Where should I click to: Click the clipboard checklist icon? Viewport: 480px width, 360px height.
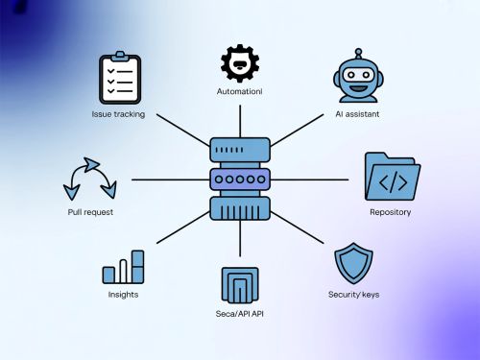coord(120,80)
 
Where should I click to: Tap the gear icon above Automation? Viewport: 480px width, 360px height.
coord(239,63)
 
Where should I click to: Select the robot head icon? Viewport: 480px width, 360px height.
coord(358,77)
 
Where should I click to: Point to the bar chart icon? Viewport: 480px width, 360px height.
coord(123,268)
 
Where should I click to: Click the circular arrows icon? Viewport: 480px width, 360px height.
coord(89,180)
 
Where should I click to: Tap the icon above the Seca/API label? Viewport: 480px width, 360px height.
coord(239,285)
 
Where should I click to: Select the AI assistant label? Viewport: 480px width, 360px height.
coord(358,113)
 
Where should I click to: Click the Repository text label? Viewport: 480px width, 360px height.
coord(390,211)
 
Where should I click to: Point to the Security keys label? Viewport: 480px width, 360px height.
coord(353,294)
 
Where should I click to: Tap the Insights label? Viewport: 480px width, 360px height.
coord(123,294)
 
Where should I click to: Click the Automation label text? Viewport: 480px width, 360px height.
coord(239,92)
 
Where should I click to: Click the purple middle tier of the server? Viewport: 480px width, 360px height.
coord(240,180)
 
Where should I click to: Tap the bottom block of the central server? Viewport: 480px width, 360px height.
coord(240,208)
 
